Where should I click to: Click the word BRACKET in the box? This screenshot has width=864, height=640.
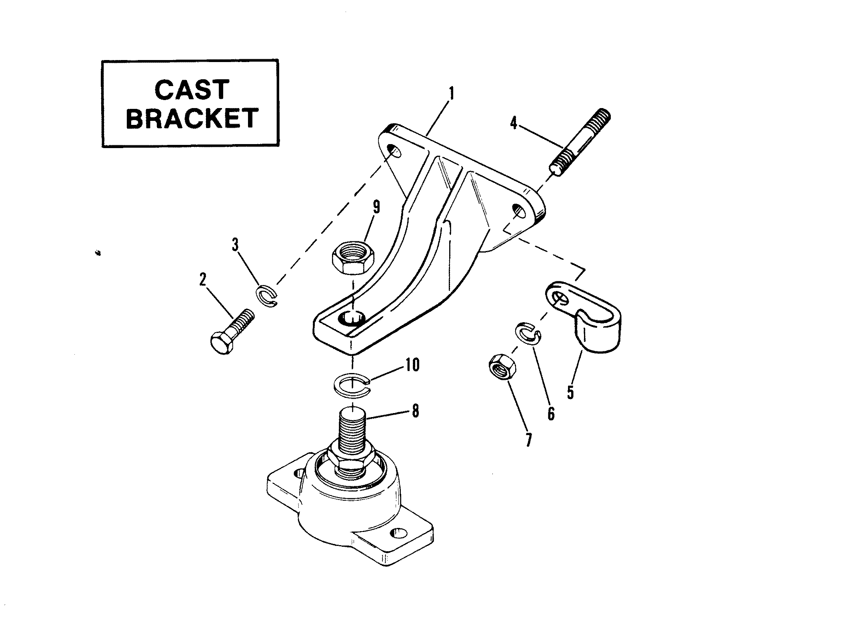[x=192, y=118]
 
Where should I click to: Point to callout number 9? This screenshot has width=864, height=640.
[x=376, y=207]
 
